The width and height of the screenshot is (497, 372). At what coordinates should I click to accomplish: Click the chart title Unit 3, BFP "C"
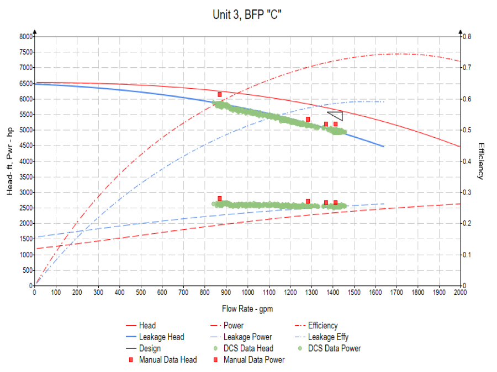tap(247, 15)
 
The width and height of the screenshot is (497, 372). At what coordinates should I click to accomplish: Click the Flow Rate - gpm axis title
tap(247, 308)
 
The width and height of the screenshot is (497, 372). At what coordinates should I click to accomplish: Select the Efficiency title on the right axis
tap(480, 161)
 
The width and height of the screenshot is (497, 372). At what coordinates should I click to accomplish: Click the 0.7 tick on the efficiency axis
tap(467, 68)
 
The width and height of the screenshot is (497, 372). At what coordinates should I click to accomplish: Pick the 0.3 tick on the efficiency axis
tap(467, 192)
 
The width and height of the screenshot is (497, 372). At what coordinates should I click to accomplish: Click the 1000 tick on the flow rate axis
tap(247, 292)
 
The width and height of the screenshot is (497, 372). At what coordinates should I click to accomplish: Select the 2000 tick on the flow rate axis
tap(460, 292)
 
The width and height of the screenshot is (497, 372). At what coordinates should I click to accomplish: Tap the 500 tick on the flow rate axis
tap(141, 292)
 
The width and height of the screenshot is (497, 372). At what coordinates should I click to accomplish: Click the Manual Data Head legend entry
tap(168, 360)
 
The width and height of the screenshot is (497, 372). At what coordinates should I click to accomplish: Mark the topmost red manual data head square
tap(220, 95)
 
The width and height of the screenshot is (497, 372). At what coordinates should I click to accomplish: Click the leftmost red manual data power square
tap(220, 198)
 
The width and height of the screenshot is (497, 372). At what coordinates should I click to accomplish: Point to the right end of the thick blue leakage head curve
tap(383, 146)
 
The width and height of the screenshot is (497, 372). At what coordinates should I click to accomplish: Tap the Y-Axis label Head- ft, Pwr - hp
tap(10, 161)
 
